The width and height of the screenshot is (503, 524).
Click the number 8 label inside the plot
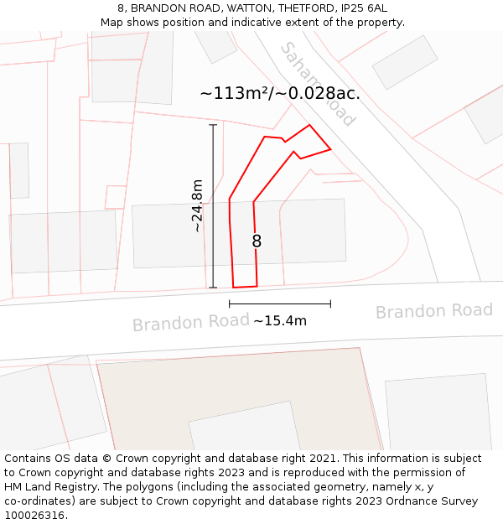pyautogui.click(x=257, y=241)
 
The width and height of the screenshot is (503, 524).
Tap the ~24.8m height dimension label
pyautogui.click(x=197, y=205)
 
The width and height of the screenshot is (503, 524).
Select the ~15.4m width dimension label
pyautogui.click(x=280, y=320)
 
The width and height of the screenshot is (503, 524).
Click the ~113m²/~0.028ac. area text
pyautogui.click(x=280, y=93)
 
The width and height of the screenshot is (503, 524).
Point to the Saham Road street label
pyautogui.click(x=318, y=84)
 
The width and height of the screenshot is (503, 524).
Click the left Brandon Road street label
pyautogui.click(x=190, y=323)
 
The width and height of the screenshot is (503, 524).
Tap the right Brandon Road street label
pyautogui.click(x=433, y=311)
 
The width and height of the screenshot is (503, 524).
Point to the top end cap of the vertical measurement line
pyautogui.click(x=213, y=125)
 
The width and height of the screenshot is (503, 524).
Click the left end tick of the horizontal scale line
pyautogui.click(x=230, y=304)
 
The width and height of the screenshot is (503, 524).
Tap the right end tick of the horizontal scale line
pyautogui.click(x=330, y=304)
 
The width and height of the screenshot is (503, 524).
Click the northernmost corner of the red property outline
pyautogui.click(x=309, y=125)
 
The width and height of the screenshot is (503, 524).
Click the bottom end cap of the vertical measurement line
pyautogui.click(x=213, y=288)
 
